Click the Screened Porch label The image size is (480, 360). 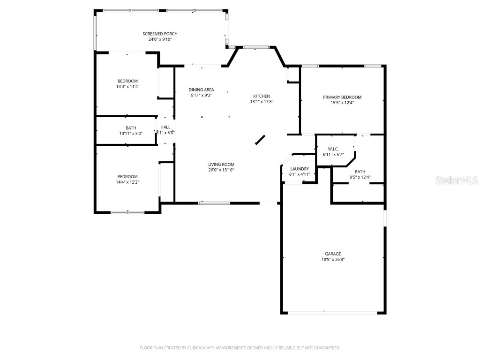pos(160,34)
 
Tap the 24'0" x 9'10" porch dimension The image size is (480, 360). pos(160,39)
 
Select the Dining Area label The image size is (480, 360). pos(202,90)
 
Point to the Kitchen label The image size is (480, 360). pos(262,96)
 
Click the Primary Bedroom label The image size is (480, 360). pos(342,97)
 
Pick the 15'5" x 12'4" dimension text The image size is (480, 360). pos(342,103)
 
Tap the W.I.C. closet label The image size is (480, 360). pos(333,149)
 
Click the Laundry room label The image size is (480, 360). pos(300,169)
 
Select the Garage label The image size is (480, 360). pos(333,254)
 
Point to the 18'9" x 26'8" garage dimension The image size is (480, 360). pos(333,259)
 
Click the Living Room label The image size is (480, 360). pos(221,164)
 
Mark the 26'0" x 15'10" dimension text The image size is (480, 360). pos(221,170)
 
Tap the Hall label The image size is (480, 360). pos(165,127)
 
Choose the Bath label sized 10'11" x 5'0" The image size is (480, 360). pos(131,127)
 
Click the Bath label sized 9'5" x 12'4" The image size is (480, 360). pos(360,172)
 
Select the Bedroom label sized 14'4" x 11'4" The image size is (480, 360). pos(127,81)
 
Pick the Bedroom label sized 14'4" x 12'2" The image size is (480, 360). pos(127,176)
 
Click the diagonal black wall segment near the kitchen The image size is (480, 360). pos(260,140)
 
